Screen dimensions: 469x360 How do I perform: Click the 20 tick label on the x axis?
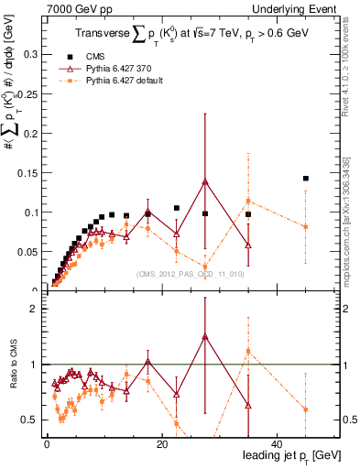click(161, 445)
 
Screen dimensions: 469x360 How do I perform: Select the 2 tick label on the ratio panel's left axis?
click(33, 309)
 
